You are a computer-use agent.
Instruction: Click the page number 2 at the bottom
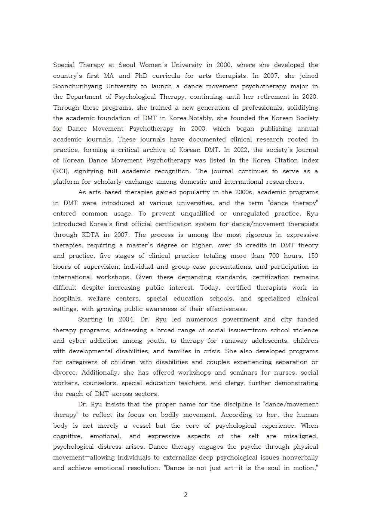[x=185, y=495]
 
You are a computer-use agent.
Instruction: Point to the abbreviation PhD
[x=141, y=76]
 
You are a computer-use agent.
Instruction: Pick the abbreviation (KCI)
[x=61, y=171]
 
